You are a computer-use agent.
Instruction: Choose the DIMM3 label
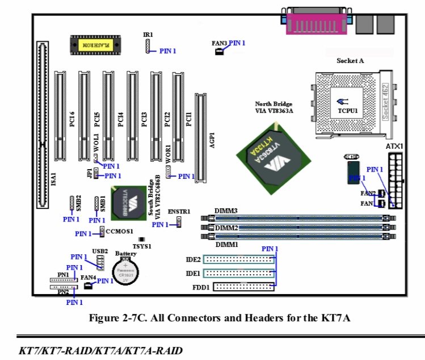[x=226, y=211]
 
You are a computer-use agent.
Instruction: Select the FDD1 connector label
[x=203, y=287]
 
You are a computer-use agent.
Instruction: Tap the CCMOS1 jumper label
[x=119, y=232]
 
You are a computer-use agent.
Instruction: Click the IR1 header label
[x=148, y=35]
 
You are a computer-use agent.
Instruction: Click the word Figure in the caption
[x=105, y=318]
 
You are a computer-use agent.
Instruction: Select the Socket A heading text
[x=350, y=61]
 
